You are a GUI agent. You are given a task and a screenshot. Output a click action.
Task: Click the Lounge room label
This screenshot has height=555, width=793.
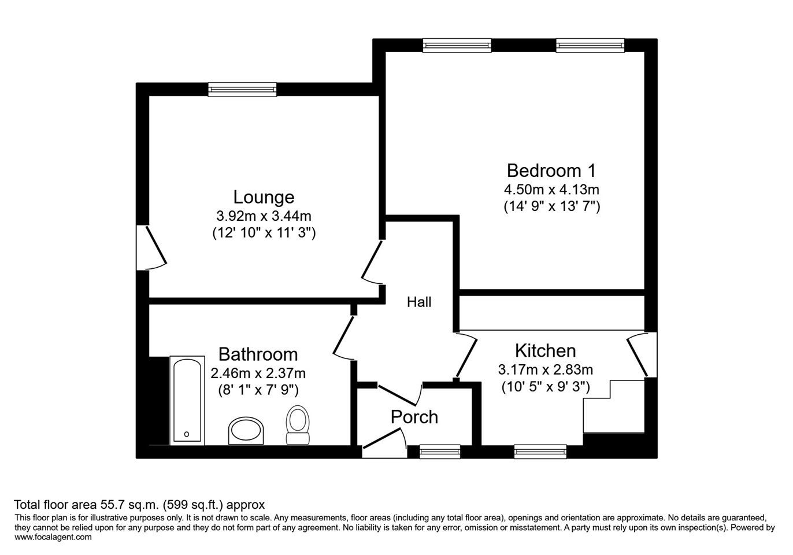(264, 197)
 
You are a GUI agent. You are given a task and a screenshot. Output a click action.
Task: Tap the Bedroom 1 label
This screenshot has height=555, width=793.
(551, 171)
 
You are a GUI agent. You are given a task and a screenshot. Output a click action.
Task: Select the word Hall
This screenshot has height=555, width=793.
(419, 302)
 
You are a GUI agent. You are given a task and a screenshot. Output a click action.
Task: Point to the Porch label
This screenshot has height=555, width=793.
(414, 417)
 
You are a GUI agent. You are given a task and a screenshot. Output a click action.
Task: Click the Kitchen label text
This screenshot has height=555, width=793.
(546, 351)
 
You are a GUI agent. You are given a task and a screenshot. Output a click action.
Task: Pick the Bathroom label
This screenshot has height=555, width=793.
(258, 354)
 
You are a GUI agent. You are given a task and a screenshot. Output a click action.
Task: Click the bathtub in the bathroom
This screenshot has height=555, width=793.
(187, 400)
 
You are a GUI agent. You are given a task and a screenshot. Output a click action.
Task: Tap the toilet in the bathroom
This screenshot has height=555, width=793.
(298, 425)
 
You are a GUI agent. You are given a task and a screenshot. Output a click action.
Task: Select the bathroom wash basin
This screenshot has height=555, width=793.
(246, 430)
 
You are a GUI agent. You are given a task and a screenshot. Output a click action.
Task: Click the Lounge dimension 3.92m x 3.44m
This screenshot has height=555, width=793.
(264, 216)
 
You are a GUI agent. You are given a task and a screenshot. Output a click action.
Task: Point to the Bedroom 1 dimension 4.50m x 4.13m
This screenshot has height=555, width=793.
(551, 190)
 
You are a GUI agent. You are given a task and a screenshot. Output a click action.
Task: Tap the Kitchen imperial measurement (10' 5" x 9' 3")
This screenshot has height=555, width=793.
(546, 387)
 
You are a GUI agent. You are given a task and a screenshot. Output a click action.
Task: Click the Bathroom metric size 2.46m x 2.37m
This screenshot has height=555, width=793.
(258, 373)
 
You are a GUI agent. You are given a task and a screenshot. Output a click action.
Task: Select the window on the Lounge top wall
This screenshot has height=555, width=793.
(242, 90)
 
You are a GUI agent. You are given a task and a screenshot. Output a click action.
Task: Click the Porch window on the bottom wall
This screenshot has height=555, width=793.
(440, 452)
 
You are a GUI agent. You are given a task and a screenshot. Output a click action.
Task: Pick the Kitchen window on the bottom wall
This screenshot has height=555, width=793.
(540, 452)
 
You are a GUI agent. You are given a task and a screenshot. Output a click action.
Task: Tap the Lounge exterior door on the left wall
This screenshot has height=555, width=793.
(151, 247)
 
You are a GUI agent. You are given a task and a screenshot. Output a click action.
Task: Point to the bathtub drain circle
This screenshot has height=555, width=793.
(187, 434)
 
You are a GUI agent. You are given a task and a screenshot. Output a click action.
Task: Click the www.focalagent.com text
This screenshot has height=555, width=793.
(53, 537)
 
